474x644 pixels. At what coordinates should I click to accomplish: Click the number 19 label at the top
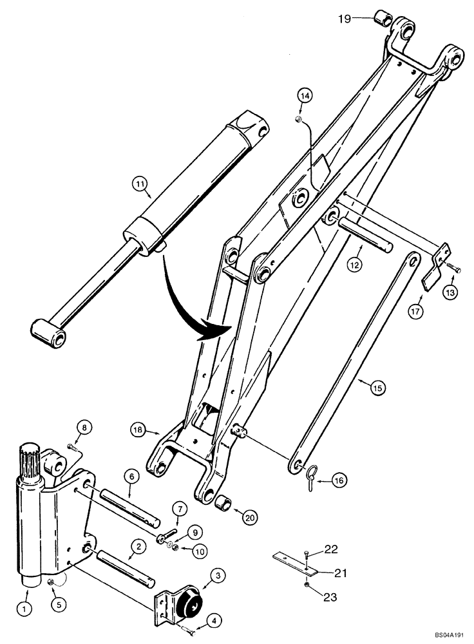345,19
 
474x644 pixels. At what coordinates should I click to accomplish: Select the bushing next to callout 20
226,501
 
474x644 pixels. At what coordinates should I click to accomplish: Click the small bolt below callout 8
72,446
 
